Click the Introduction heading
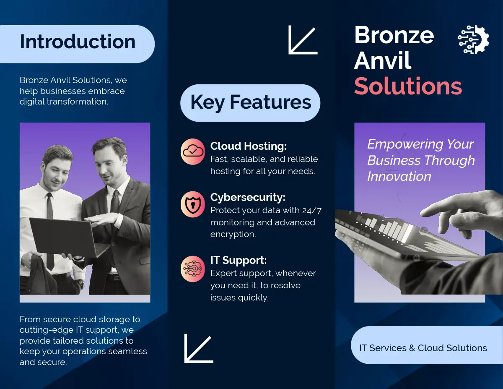78,42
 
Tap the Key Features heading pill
250,103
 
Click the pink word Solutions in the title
408,86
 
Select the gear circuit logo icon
473,39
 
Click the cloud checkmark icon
193,151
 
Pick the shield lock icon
193,204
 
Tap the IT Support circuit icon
193,269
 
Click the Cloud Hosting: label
249,146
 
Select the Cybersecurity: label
248,197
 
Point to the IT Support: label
239,260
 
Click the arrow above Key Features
303,40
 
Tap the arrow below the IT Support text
199,348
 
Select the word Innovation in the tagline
399,177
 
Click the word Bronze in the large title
394,35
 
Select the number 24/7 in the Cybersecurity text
311,210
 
